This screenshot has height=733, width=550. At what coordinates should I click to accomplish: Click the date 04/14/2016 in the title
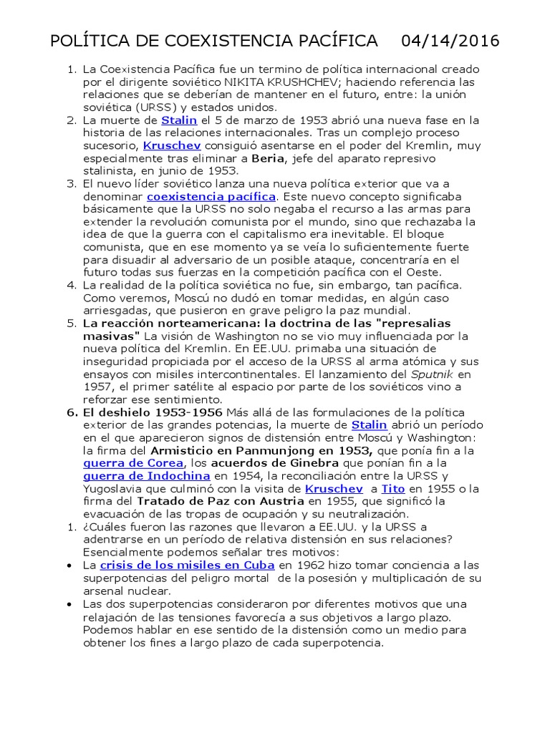pyautogui.click(x=450, y=40)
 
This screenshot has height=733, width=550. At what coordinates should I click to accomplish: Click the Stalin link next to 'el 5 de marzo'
pyautogui.click(x=179, y=120)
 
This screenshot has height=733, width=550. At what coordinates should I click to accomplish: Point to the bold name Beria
pyautogui.click(x=268, y=158)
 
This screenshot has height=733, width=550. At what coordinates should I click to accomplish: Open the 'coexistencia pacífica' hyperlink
pyautogui.click(x=211, y=196)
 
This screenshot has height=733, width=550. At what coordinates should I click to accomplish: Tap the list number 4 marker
pyautogui.click(x=71, y=285)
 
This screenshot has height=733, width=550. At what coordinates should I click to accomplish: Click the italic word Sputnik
pyautogui.click(x=432, y=374)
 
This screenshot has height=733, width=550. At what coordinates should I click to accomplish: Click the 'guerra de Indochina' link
pyautogui.click(x=145, y=476)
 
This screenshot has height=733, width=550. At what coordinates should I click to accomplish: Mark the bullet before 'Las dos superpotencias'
pyautogui.click(x=68, y=603)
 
